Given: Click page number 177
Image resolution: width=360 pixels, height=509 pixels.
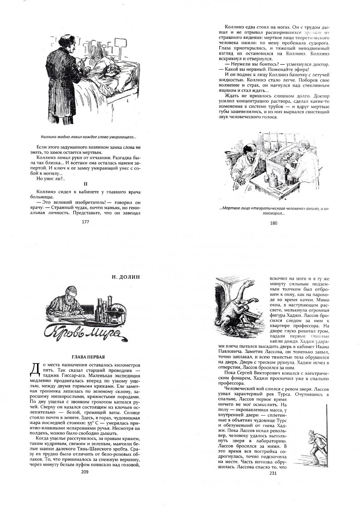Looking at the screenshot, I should coord(85,222).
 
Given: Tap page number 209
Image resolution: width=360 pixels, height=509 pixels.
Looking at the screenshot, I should coord(85,472).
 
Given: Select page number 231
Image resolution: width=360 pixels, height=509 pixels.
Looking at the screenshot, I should coord(273,473).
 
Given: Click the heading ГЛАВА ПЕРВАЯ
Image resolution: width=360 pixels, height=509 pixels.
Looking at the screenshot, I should coord(88,357).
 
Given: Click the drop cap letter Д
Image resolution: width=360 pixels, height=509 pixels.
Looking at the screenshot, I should coord(35,369).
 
